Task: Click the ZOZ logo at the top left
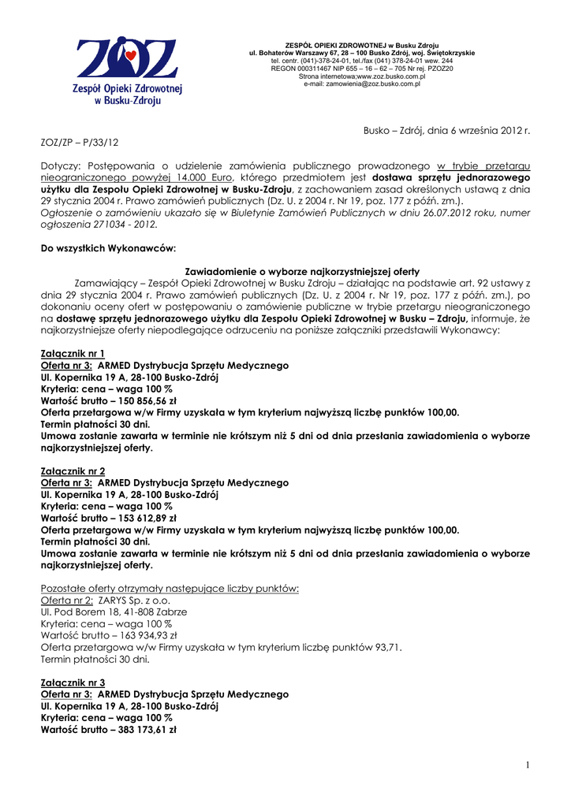coord(129,71)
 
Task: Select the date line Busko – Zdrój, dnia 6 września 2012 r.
coord(446,130)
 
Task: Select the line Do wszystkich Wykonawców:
coord(107,248)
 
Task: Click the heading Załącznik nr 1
coord(73,353)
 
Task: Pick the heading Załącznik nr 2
coord(73,470)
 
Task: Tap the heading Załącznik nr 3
coord(73,682)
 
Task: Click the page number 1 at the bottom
coord(527,764)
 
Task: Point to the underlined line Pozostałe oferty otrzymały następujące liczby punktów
coord(170,588)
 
